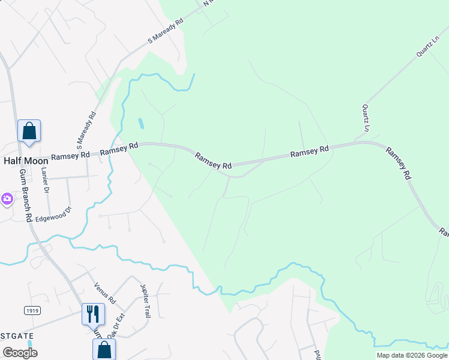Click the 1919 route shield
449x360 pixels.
[x=32, y=310]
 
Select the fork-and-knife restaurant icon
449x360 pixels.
[x=92, y=313]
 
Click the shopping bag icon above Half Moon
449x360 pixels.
[x=29, y=131]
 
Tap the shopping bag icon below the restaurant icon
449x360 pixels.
[x=104, y=349]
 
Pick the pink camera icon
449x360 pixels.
[x=6, y=198]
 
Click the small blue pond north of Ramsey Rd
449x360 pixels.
[x=141, y=124]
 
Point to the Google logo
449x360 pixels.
[x=19, y=353]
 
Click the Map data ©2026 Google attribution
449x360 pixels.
[x=411, y=355]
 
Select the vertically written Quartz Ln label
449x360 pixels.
[x=365, y=118]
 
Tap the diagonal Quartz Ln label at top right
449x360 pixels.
[x=427, y=47]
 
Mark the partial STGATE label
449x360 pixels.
[x=17, y=335]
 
